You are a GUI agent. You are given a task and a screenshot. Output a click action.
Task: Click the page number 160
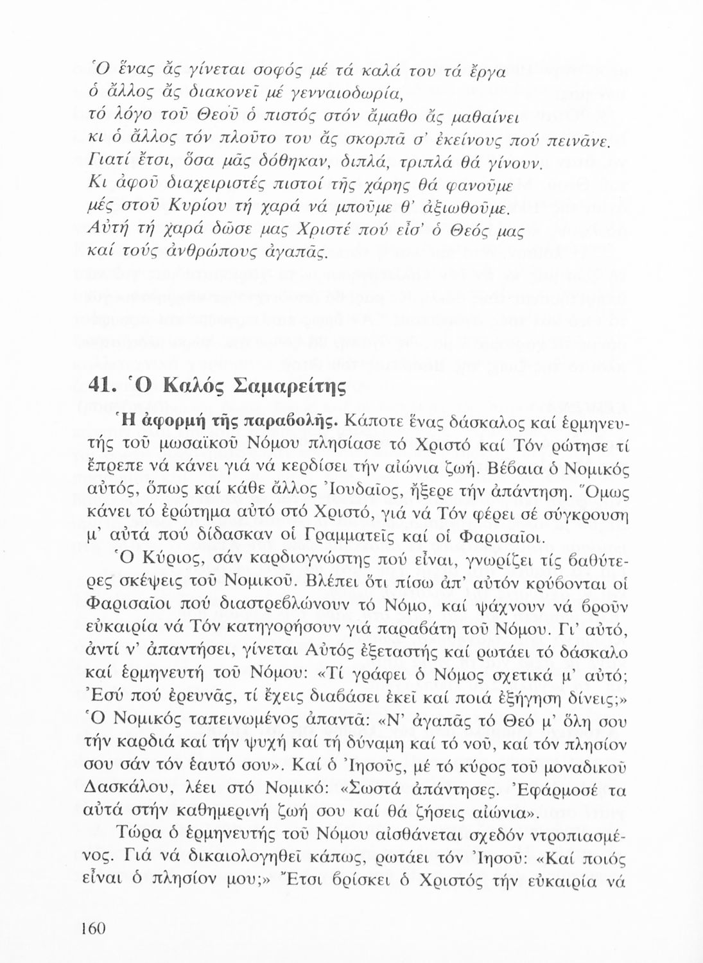point(94,929)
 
